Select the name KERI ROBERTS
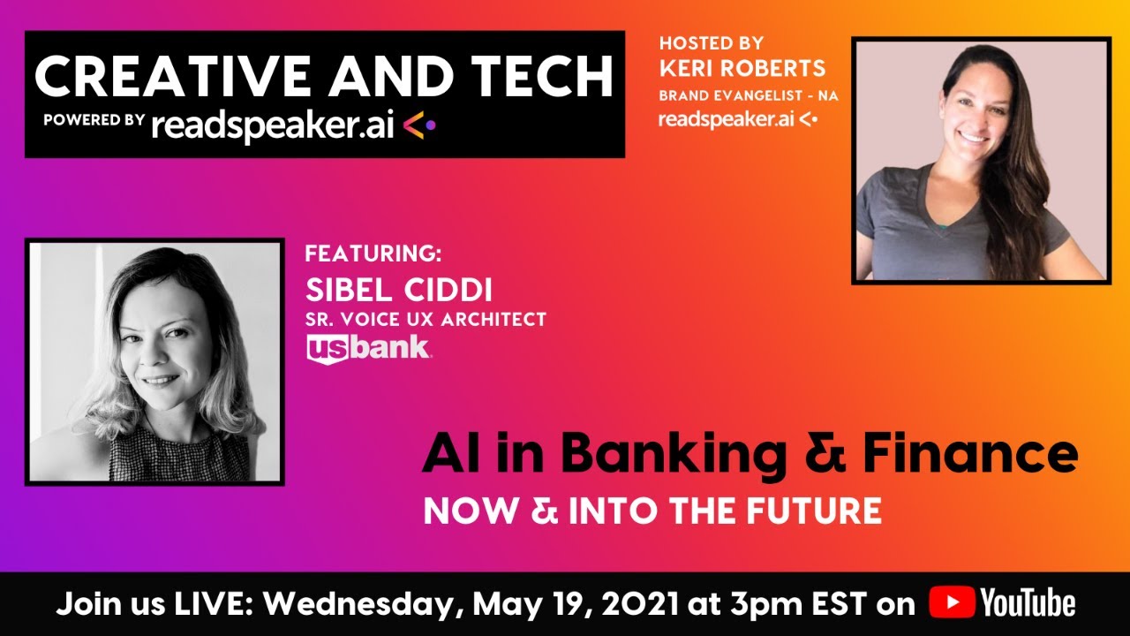(x=742, y=69)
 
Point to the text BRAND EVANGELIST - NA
(x=749, y=95)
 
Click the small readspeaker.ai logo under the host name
(x=737, y=119)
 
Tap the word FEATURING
(x=373, y=254)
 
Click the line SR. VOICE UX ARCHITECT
(x=426, y=319)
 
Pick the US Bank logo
(x=368, y=348)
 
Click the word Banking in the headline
(x=671, y=455)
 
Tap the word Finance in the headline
(x=969, y=455)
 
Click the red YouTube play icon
(x=951, y=603)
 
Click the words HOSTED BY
(x=712, y=42)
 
